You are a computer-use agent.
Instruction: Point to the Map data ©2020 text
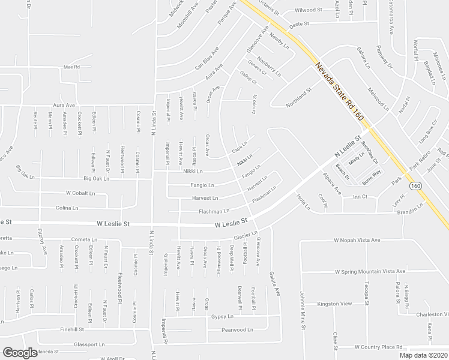coord(423,355)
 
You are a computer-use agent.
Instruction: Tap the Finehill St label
coord(71,329)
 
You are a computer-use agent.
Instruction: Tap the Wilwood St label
coord(309,10)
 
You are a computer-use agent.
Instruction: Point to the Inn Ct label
coord(360,197)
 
